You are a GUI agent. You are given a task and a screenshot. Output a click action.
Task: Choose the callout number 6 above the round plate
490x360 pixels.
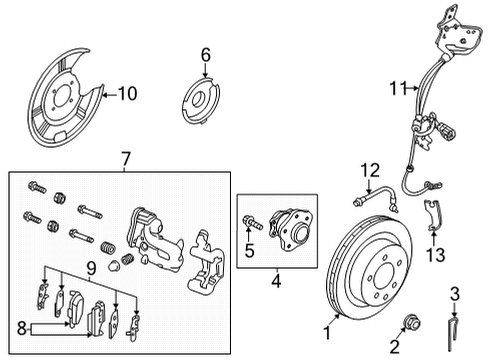pos(205,54)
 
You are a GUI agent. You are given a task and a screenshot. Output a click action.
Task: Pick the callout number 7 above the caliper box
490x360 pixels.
pos(125,158)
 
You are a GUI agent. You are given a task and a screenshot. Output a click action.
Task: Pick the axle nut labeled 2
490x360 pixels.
pos(410,322)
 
